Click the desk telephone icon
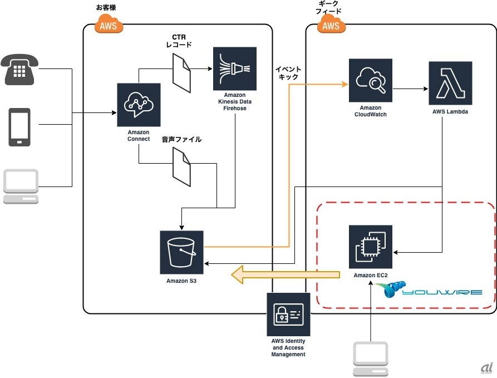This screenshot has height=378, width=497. click(20, 69)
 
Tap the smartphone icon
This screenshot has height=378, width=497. click(19, 127)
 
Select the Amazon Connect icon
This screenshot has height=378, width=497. click(139, 105)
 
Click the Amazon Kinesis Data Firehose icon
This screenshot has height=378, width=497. click(234, 68)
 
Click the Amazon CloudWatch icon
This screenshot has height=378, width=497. click(370, 81)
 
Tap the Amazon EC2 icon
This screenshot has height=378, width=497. click(370, 247)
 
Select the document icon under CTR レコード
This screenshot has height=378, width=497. click(181, 73)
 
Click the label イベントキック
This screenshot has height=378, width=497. click(289, 73)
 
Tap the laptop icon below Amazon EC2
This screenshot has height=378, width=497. click(370, 360)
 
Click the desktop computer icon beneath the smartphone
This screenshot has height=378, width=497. click(20, 186)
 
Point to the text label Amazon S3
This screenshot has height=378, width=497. click(181, 281)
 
